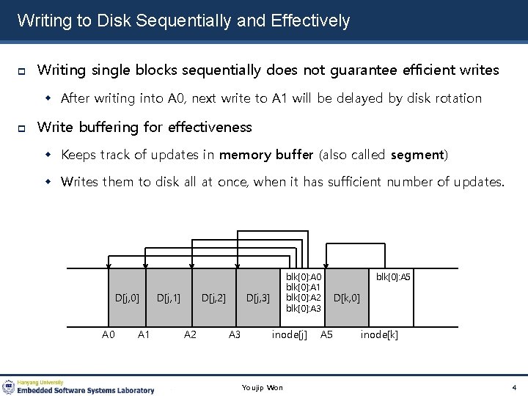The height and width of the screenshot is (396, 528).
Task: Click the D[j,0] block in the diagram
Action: (x=127, y=297)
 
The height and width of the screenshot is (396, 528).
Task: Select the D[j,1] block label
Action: (x=169, y=298)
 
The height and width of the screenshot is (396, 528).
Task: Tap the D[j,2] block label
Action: (x=213, y=298)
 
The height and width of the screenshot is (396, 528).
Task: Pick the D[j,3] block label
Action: (x=257, y=298)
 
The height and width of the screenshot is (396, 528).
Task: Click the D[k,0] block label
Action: (x=346, y=298)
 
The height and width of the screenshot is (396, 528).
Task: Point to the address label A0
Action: (x=108, y=335)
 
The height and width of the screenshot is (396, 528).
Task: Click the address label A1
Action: (x=144, y=335)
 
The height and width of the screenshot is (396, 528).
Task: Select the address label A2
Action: (x=190, y=335)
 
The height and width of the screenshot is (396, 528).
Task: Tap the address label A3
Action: (x=235, y=335)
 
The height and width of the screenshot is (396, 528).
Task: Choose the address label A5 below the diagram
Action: (x=326, y=335)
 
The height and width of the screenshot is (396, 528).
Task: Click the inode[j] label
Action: (x=289, y=335)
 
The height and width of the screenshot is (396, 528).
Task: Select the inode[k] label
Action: (x=379, y=335)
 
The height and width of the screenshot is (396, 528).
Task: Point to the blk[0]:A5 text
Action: (x=393, y=277)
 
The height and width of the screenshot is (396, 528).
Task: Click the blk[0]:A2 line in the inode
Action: (x=303, y=298)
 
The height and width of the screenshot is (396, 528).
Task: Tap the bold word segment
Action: (x=417, y=155)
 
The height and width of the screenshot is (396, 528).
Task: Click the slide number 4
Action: (x=514, y=387)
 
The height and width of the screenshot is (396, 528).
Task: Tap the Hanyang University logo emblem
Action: (x=9, y=386)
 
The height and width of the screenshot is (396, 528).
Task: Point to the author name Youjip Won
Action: (x=262, y=387)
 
